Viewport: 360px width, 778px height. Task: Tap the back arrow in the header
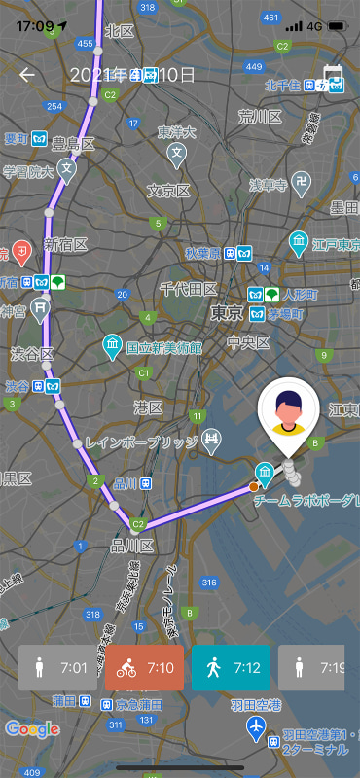[x=27, y=75]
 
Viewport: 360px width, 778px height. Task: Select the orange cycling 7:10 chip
[x=144, y=668]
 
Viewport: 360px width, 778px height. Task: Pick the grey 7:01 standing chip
[x=57, y=668]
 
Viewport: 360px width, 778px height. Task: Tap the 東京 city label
[x=227, y=312]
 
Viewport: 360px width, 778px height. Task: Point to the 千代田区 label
[x=189, y=289]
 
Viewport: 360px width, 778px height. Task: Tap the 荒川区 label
[x=260, y=116]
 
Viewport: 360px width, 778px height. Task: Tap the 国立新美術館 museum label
[x=163, y=347]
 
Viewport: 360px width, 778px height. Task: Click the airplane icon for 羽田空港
[x=255, y=725]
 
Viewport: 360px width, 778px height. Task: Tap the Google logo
[x=31, y=728]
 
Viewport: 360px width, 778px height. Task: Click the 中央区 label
[x=248, y=341]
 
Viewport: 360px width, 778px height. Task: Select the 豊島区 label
[x=74, y=144]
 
